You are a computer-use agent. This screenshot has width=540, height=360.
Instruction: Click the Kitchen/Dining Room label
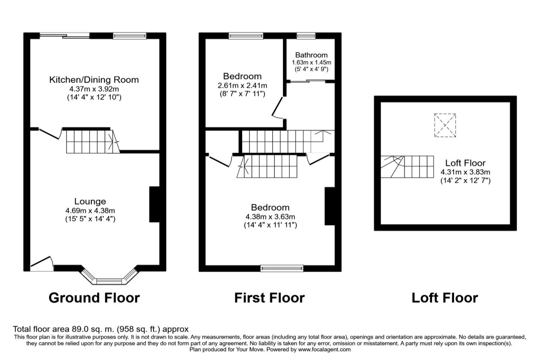click(x=94, y=80)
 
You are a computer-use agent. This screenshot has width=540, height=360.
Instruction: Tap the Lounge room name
click(x=90, y=201)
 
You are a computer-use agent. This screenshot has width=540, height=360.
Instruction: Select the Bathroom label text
click(x=311, y=55)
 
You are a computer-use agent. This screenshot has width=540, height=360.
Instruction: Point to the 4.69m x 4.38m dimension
click(x=90, y=211)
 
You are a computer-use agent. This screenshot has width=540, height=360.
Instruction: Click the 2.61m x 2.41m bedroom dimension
click(x=242, y=85)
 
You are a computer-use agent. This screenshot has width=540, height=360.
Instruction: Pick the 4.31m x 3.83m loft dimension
click(x=465, y=172)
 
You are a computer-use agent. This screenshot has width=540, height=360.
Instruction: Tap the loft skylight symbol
click(x=445, y=126)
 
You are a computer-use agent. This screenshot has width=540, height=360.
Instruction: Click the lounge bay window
click(x=110, y=277)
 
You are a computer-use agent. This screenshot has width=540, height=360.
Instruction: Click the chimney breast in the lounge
click(x=154, y=204)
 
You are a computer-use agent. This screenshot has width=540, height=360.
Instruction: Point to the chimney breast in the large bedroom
click(x=330, y=206)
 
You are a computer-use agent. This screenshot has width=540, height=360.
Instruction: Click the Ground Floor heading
click(x=94, y=298)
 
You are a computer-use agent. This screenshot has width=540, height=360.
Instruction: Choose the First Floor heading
click(x=270, y=298)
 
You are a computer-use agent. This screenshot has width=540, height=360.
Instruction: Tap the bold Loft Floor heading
click(x=445, y=298)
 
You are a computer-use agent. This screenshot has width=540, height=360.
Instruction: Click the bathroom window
click(x=306, y=36)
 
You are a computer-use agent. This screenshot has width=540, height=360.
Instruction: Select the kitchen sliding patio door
click(x=65, y=36)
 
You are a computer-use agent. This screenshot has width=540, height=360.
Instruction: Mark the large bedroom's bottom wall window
click(x=282, y=268)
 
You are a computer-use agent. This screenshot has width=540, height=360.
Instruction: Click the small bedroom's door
click(x=277, y=108)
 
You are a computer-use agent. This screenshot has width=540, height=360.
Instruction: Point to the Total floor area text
click(x=100, y=329)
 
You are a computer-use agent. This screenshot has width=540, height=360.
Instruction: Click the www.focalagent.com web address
click(x=324, y=349)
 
